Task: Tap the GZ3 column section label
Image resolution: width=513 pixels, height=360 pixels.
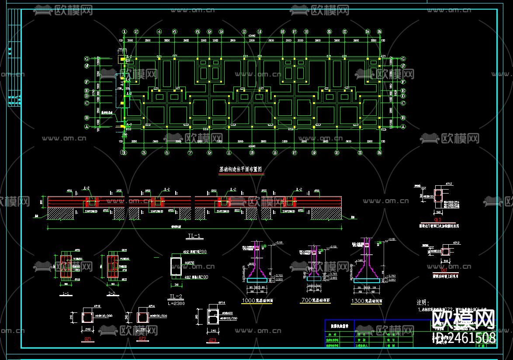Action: pyautogui.click(x=213, y=340)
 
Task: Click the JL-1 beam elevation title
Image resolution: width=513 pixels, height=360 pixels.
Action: pyautogui.click(x=194, y=236)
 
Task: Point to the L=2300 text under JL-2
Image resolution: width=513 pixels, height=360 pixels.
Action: pyautogui.click(x=176, y=303)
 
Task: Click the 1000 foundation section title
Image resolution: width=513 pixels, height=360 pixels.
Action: pyautogui.click(x=257, y=301)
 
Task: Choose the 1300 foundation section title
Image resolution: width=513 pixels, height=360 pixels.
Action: pyautogui.click(x=366, y=301)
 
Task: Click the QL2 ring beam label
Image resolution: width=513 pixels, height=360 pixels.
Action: pyautogui.click(x=437, y=220)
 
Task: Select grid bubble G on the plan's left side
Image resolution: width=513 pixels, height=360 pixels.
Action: pyautogui.click(x=87, y=59)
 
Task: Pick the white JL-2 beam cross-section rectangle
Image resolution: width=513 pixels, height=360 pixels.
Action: pyautogui.click(x=177, y=267)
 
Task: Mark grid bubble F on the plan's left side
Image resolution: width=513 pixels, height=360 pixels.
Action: pyautogui.click(x=87, y=82)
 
